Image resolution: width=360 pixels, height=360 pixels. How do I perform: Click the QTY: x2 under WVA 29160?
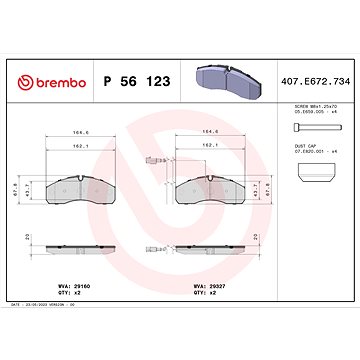click(63, 293)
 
